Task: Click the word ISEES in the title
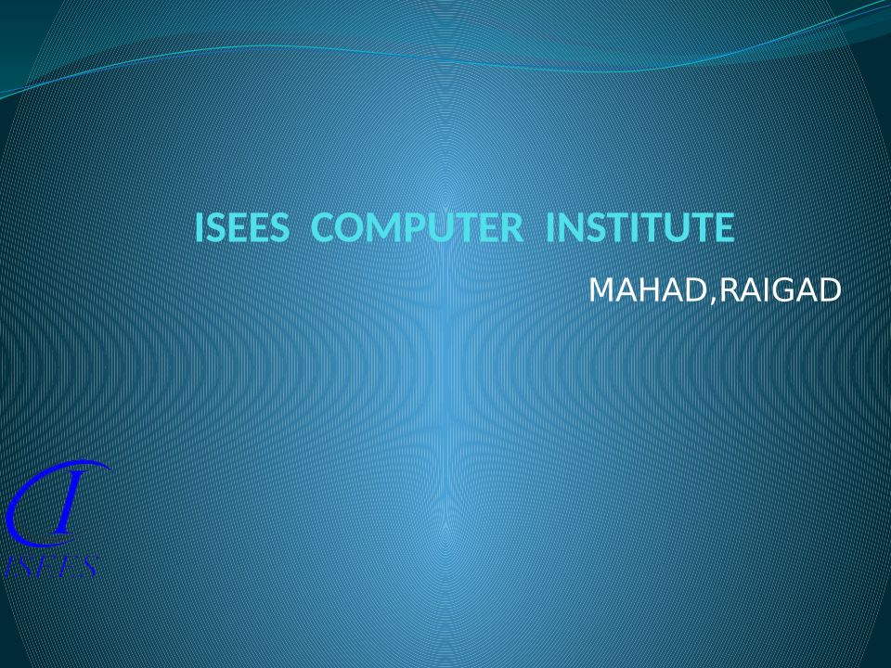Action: [241, 227]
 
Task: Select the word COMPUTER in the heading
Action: [417, 227]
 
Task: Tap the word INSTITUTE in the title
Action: [640, 227]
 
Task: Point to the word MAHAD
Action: [647, 290]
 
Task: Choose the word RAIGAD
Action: [781, 290]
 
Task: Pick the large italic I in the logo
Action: [65, 503]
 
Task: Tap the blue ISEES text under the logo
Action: [52, 566]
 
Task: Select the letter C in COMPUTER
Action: [324, 227]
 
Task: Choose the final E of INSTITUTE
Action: [725, 227]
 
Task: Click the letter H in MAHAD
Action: [648, 290]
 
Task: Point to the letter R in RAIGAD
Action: [730, 290]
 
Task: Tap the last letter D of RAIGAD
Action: [830, 290]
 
